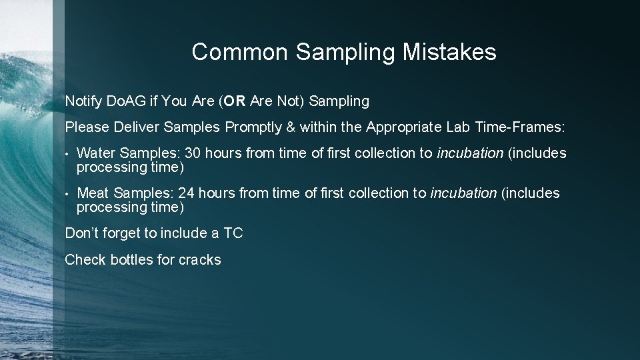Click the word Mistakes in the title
449,52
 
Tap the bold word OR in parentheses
235,101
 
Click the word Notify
83,101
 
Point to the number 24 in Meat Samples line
187,193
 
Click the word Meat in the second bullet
93,193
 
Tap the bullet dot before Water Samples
68,154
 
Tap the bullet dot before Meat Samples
68,194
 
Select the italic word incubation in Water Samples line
469,153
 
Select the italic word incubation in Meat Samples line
463,193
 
